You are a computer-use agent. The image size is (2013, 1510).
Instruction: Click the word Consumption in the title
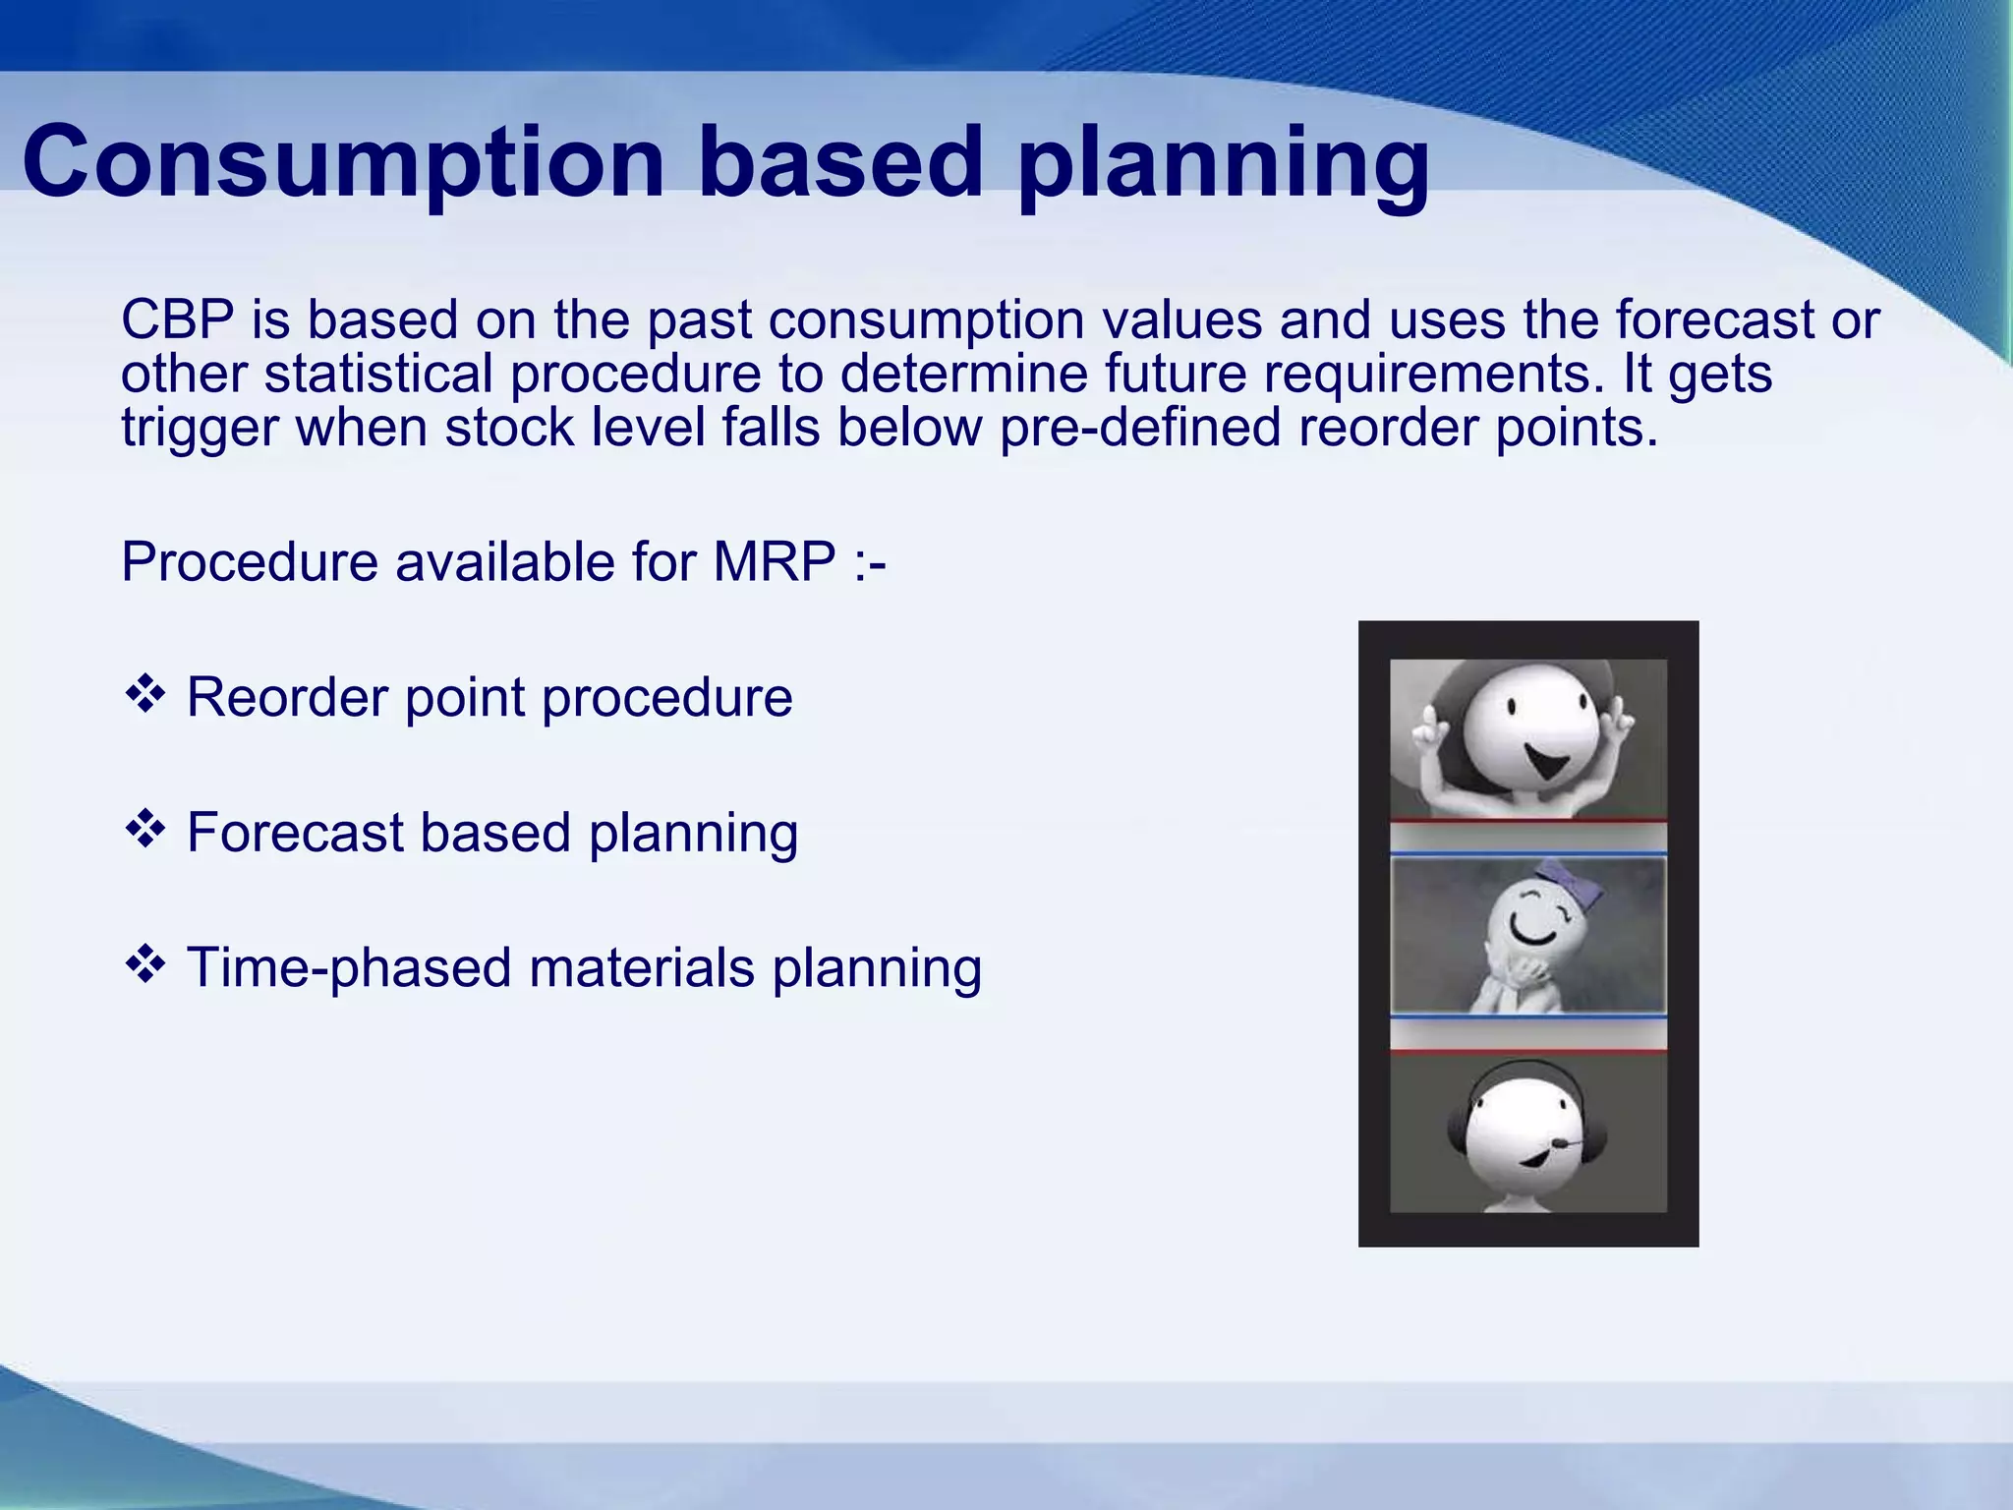(x=343, y=162)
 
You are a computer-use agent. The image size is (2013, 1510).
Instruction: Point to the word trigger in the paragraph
(x=199, y=429)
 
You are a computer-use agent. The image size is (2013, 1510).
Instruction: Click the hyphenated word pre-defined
(x=1140, y=428)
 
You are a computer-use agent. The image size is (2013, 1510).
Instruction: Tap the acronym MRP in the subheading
(x=775, y=562)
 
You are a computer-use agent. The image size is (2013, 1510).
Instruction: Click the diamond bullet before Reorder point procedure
(x=144, y=694)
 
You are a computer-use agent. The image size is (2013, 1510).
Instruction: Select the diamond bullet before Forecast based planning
(x=144, y=830)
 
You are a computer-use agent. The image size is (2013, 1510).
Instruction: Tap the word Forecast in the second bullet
(x=295, y=834)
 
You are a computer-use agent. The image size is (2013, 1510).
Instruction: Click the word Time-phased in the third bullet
(x=349, y=968)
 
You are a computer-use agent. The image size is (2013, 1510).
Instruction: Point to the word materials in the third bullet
(x=641, y=968)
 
